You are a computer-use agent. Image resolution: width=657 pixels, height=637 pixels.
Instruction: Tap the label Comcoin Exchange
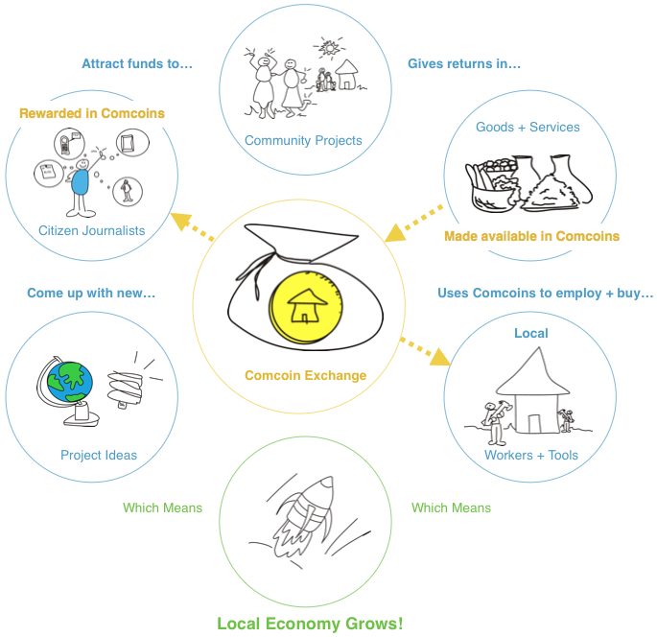pos(305,375)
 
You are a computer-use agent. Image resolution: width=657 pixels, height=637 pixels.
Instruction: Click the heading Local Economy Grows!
pos(310,624)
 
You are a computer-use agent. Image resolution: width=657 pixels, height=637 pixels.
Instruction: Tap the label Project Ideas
pos(99,455)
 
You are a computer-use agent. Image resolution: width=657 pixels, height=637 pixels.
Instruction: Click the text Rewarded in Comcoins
pos(92,113)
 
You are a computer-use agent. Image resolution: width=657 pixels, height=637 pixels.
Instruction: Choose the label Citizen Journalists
pos(92,230)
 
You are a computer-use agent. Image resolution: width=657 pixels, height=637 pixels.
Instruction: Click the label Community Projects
pos(303,141)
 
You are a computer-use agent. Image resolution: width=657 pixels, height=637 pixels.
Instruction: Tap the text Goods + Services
pos(528,127)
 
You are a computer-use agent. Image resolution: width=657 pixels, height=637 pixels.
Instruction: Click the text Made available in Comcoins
pos(531,236)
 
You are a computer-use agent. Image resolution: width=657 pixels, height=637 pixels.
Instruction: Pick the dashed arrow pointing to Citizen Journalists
pos(190,228)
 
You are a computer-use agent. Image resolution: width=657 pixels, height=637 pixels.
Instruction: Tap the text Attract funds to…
pos(137,64)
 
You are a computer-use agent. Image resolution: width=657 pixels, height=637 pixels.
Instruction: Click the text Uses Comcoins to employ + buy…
pos(545,293)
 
